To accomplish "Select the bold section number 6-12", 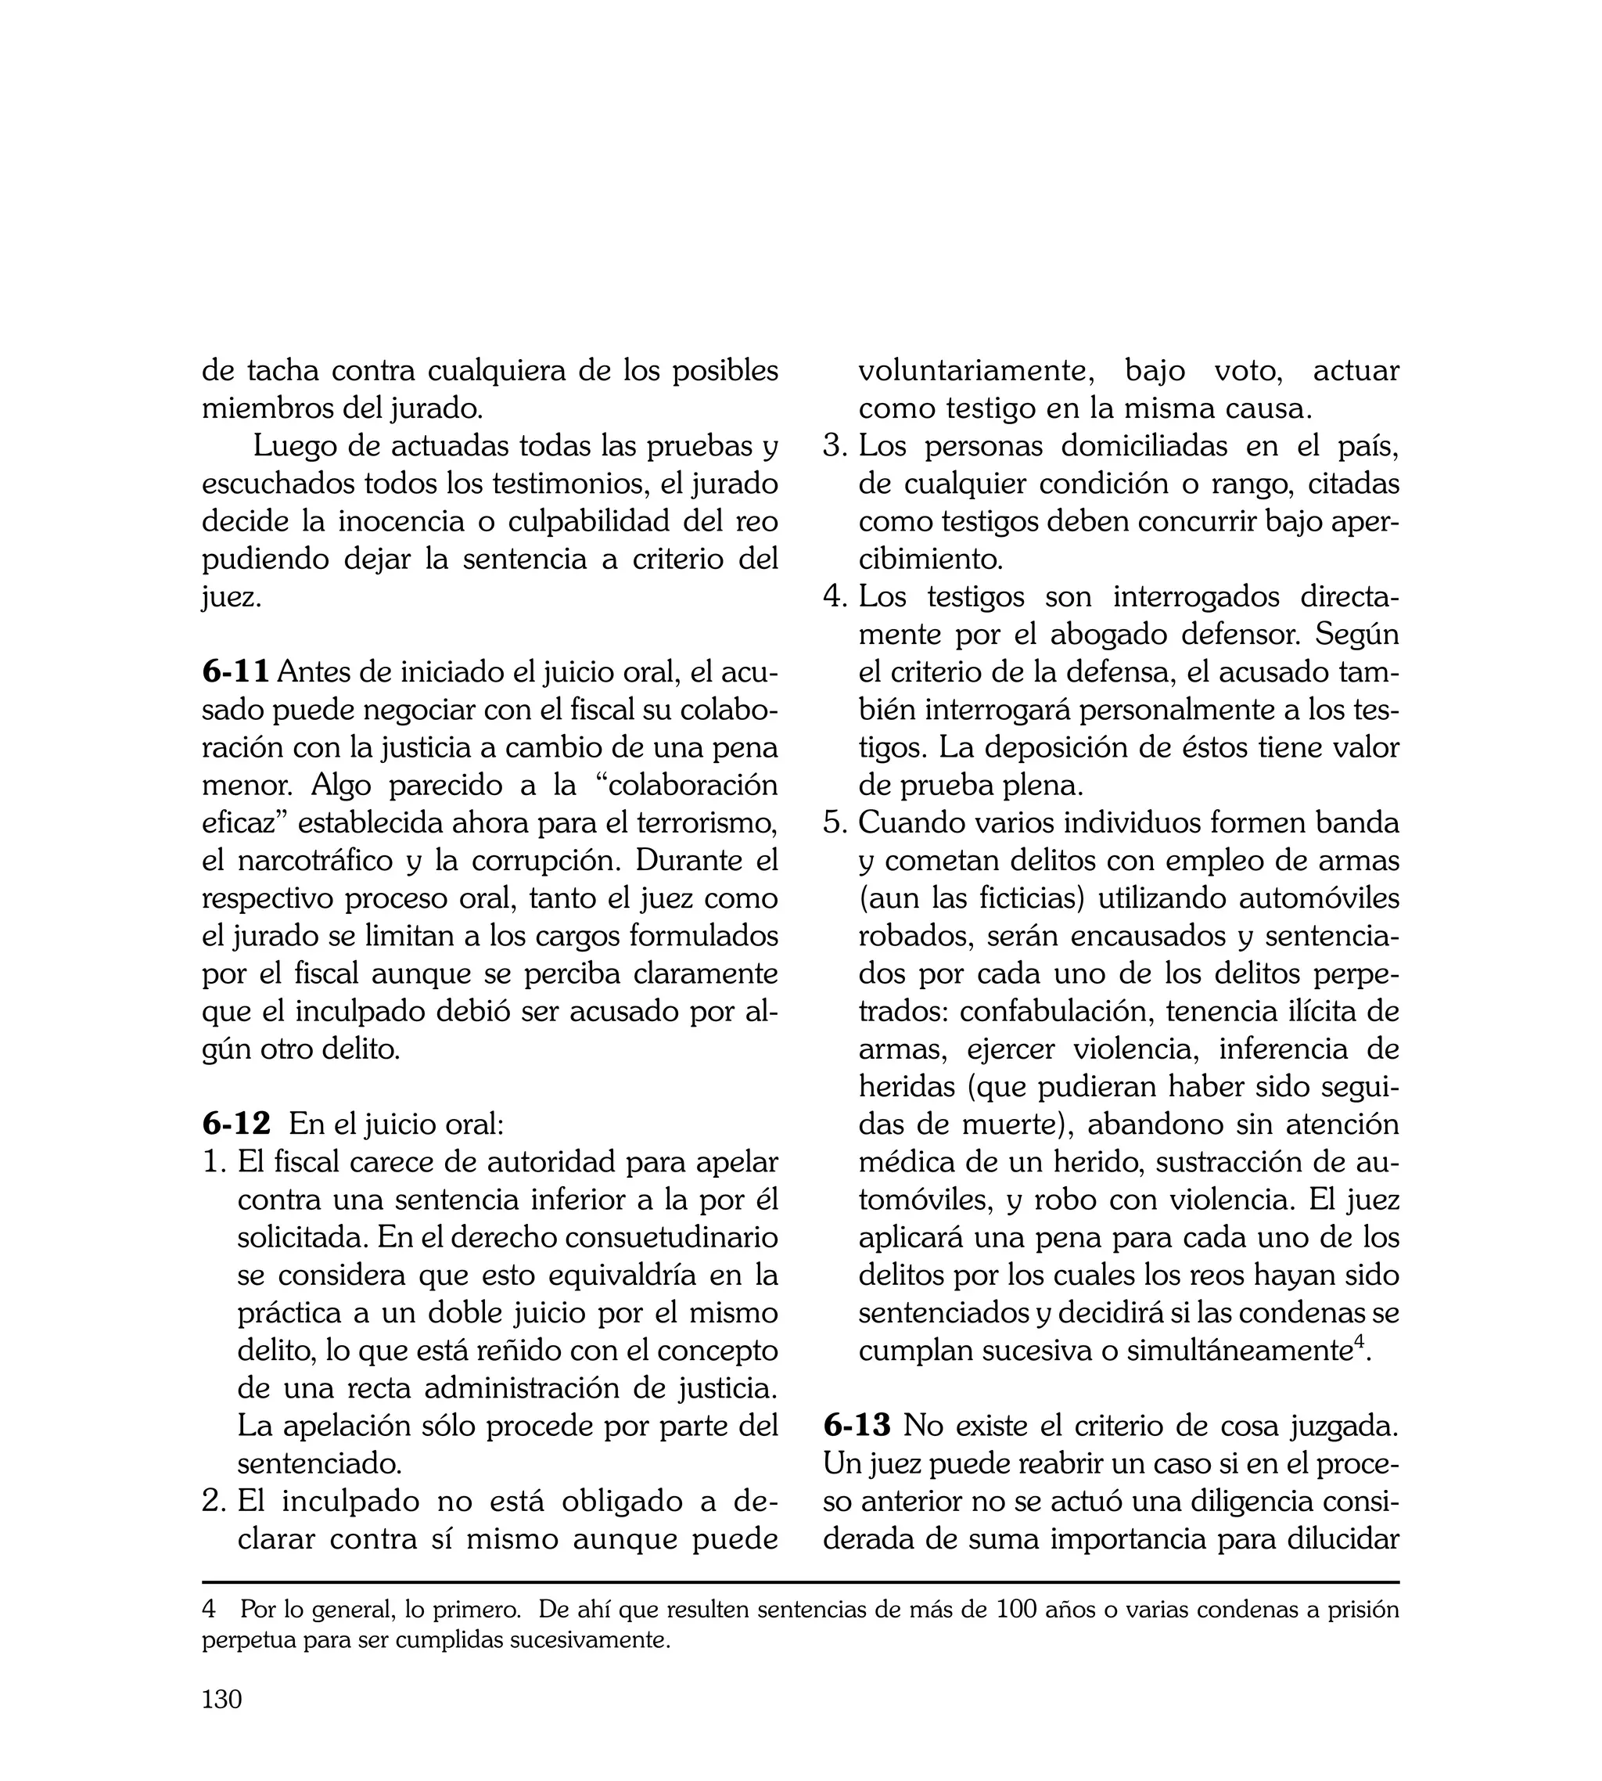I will [236, 1124].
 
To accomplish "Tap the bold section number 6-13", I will [857, 1425].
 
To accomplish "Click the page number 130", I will [222, 1699].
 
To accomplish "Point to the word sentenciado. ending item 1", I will [319, 1464].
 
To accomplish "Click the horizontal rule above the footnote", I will [800, 1582].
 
